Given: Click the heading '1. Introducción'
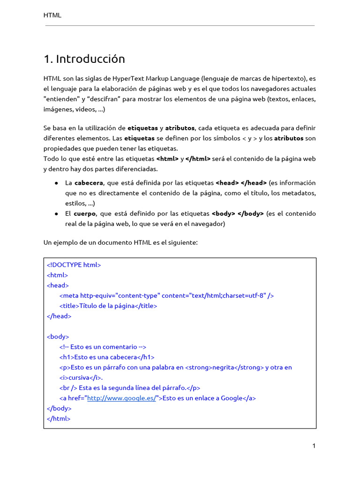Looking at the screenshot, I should click(84, 59).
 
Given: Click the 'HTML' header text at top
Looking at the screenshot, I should click(52, 15).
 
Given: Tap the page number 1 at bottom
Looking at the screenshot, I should click(314, 446).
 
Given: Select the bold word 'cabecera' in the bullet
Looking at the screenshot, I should click(89, 183).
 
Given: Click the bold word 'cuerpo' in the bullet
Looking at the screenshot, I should click(85, 214).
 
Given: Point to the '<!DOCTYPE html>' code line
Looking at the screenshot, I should click(74, 265).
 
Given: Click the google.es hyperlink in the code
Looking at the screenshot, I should click(121, 398).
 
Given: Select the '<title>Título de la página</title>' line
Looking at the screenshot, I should click(108, 306).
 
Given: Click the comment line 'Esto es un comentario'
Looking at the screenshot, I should click(103, 347).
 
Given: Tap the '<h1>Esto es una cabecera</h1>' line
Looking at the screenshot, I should click(107, 357).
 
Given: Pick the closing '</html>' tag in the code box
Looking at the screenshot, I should click(59, 419).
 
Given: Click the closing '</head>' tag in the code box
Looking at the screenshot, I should click(59, 316).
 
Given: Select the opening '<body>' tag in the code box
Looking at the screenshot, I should click(58, 337).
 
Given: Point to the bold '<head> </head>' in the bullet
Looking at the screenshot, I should click(241, 183).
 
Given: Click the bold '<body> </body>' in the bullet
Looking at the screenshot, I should click(238, 214).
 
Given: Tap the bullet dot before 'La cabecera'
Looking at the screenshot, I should click(56, 183).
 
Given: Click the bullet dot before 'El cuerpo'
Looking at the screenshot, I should click(56, 214).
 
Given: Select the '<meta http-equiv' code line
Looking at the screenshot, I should click(166, 296).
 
